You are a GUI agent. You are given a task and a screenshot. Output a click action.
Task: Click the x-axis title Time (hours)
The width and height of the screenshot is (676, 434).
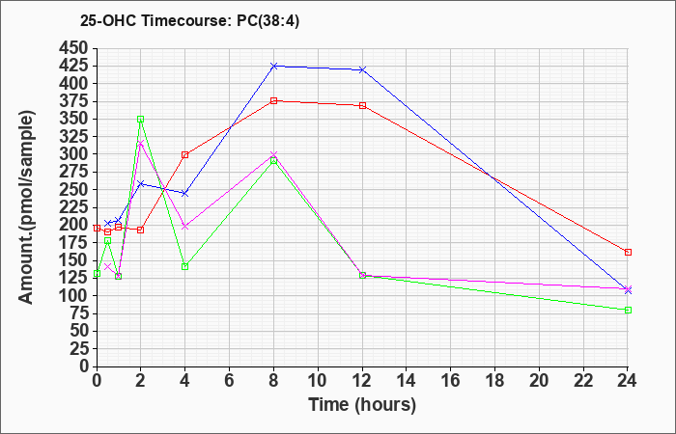(x=362, y=405)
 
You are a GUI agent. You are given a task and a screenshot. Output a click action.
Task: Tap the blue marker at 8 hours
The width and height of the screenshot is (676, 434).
(x=274, y=66)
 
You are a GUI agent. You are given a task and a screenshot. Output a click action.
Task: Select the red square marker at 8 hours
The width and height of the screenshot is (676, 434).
(x=274, y=100)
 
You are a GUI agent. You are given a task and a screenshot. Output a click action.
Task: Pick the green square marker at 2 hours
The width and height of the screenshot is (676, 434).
(x=140, y=120)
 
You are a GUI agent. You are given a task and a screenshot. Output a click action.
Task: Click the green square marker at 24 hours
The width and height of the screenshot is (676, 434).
(x=628, y=310)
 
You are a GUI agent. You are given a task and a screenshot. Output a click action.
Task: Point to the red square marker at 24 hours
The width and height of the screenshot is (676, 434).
(x=628, y=252)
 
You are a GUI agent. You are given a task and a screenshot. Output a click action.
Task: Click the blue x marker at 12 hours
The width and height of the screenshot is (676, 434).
(x=362, y=69)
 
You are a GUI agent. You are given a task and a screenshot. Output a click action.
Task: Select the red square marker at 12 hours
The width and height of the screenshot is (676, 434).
(x=362, y=105)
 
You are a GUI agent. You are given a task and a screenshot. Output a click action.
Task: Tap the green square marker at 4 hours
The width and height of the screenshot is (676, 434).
(x=184, y=266)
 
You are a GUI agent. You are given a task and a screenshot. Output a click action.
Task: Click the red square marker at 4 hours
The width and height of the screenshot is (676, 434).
(x=184, y=154)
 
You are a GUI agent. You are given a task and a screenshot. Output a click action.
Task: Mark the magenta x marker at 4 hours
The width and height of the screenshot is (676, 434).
(x=184, y=227)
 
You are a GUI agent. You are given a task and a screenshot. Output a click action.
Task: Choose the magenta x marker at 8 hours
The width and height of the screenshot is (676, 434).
(x=274, y=154)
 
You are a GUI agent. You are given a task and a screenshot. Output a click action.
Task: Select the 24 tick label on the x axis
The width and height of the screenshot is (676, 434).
(x=628, y=379)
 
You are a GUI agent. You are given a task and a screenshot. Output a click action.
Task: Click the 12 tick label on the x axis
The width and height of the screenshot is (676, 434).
(x=362, y=379)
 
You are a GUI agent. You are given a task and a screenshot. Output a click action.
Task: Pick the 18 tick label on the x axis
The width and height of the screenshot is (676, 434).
(x=495, y=379)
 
